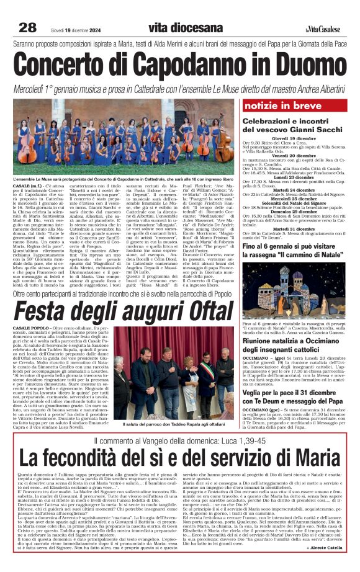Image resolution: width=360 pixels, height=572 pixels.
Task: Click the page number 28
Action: click(x=27, y=27)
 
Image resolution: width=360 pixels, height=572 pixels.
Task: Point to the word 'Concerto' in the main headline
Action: click(x=59, y=64)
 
